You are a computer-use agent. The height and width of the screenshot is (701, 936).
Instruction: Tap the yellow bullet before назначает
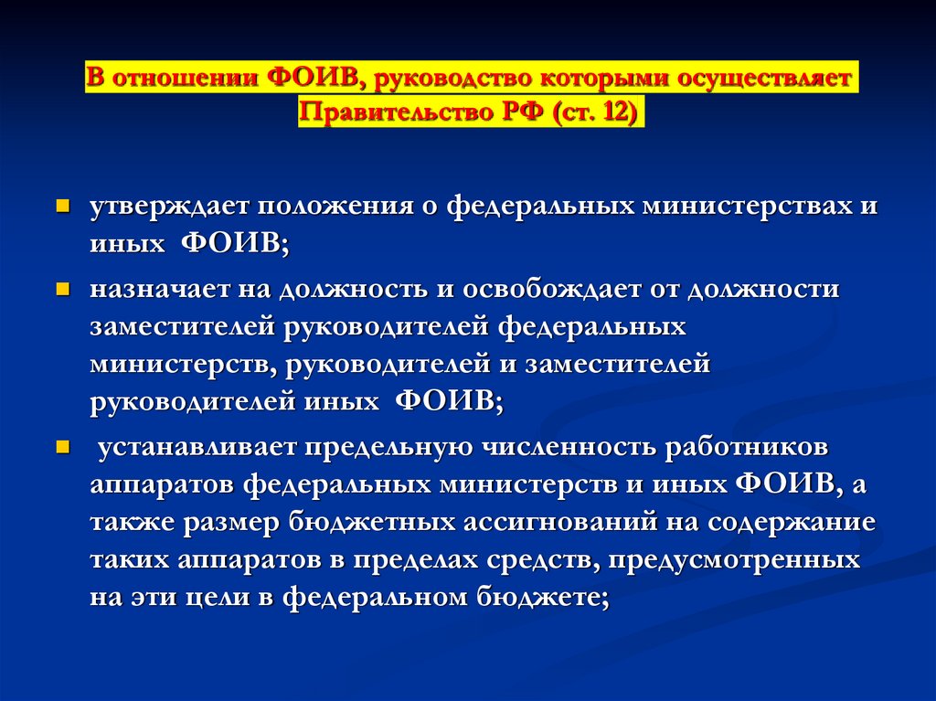pos(63,289)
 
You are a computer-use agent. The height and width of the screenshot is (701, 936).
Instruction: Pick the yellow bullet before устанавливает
pos(63,448)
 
